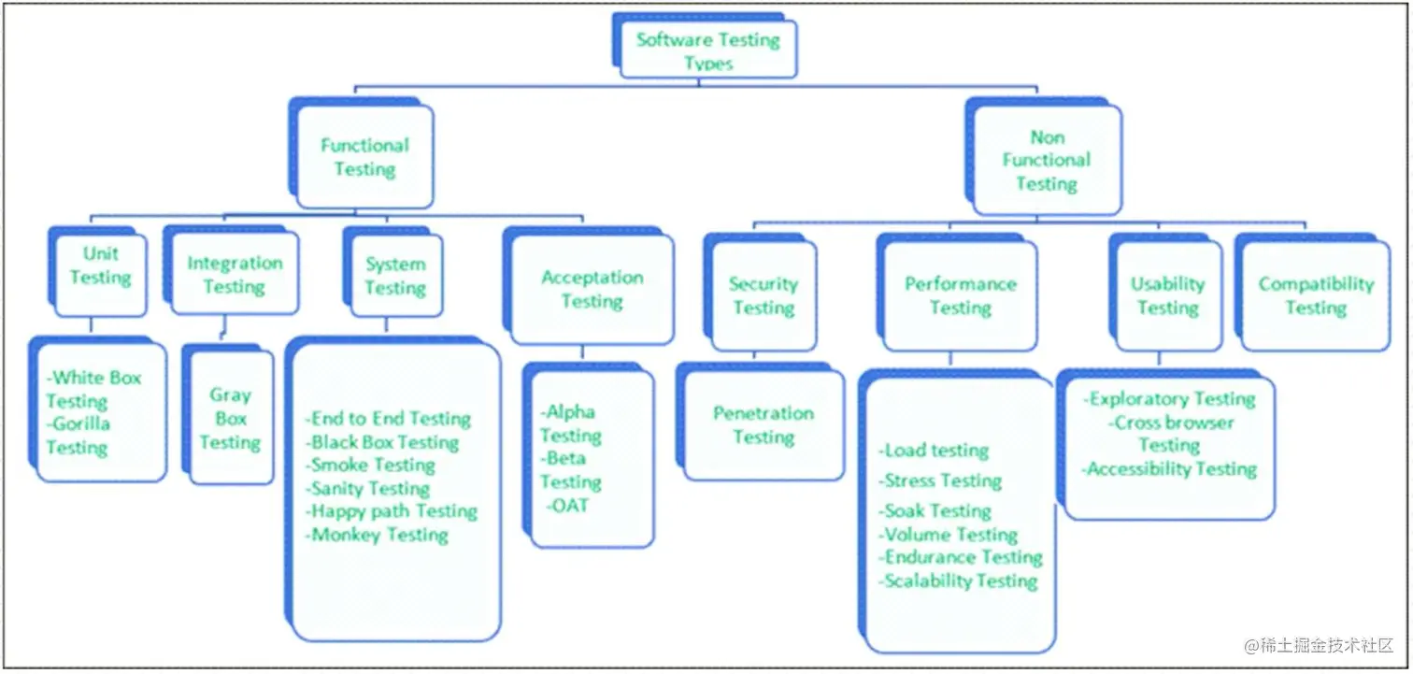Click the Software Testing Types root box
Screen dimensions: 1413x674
pos(706,46)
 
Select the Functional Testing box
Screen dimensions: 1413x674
pos(362,153)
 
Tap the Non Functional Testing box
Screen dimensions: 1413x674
pos(1043,156)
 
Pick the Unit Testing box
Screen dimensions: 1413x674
pos(98,272)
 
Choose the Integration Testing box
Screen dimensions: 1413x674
pos(232,271)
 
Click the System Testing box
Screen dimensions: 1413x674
pos(393,273)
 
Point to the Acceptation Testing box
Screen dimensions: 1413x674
pos(589,286)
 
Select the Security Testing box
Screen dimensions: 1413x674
pos(760,293)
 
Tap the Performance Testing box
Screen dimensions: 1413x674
pos(957,293)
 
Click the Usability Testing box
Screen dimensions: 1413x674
pos(1165,293)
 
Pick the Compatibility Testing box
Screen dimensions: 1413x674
pos(1313,293)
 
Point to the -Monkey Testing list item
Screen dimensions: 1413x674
pos(378,535)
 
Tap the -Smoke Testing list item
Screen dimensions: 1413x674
pos(371,466)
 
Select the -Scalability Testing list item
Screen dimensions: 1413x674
pos(958,581)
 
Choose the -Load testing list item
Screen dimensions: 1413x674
pos(935,451)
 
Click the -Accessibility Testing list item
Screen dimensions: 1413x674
pos(1170,469)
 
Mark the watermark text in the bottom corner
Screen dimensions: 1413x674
pos(1319,645)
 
